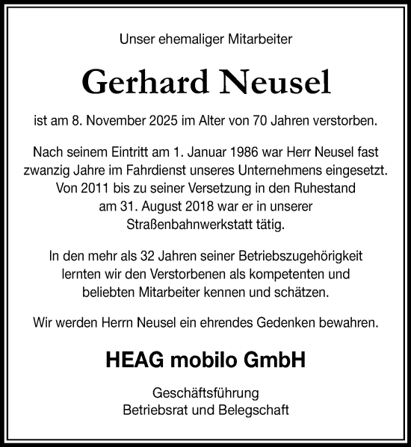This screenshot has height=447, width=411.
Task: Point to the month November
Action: (129, 119)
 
